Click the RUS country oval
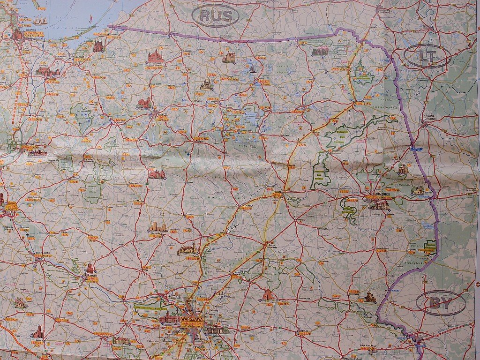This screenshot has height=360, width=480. click(x=216, y=16)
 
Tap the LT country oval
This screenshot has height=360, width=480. click(x=427, y=56)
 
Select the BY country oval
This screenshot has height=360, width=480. click(x=441, y=303)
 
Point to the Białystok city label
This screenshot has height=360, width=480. click(x=381, y=193)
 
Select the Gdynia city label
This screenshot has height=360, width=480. click(x=22, y=17)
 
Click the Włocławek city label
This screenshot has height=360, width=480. click(x=43, y=253)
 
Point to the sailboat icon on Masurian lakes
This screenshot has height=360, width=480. click(x=253, y=69)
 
